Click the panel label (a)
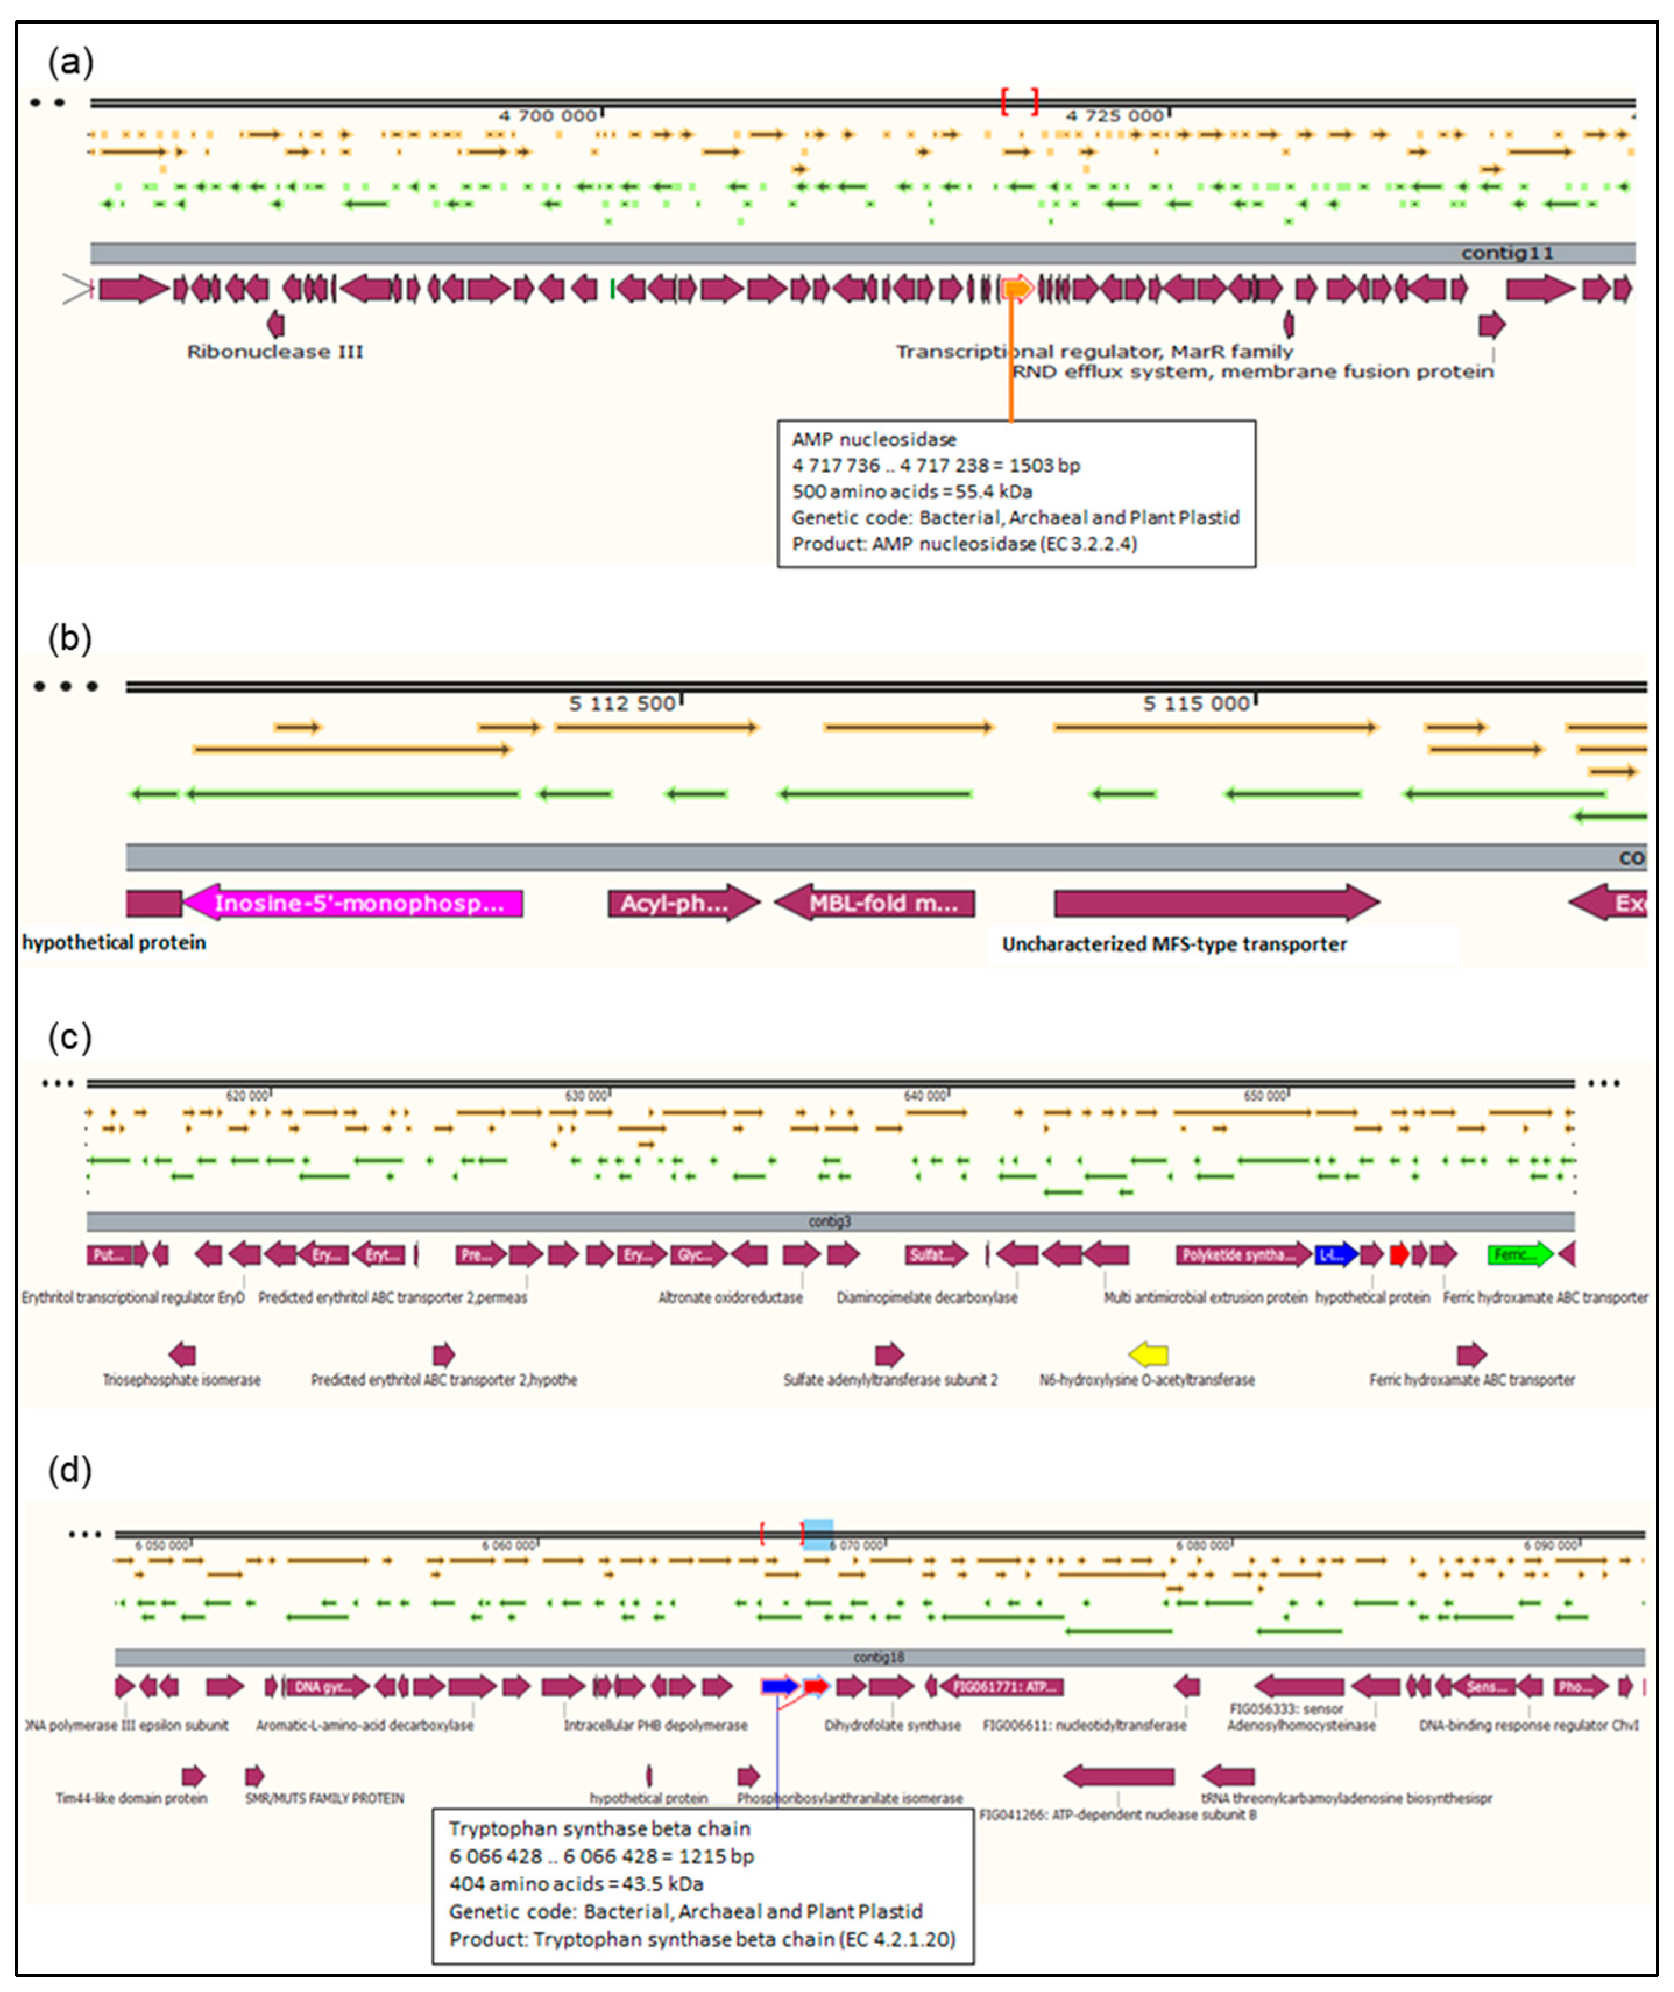tap(70, 63)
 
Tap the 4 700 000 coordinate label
tap(547, 116)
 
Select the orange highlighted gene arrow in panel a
tap(1017, 288)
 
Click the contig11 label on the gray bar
tap(1507, 253)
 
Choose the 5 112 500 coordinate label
tap(622, 703)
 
